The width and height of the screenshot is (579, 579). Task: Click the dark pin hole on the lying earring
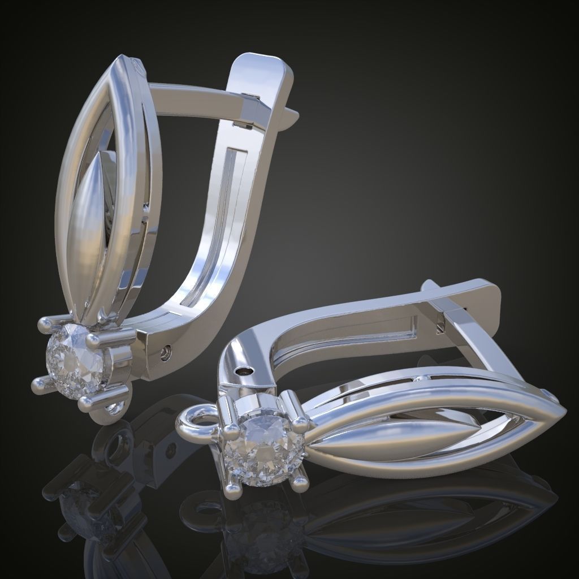[x=244, y=371]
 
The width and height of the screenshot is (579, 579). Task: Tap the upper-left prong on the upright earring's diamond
[x=45, y=324]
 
